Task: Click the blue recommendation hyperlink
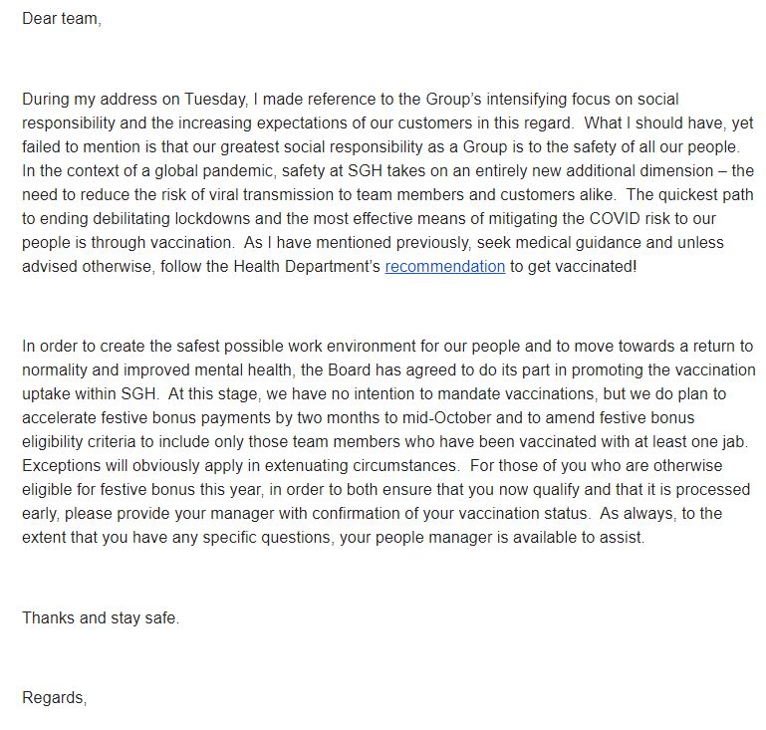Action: [444, 267]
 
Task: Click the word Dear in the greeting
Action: [39, 19]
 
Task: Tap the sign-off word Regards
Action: [54, 698]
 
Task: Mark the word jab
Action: [737, 442]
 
